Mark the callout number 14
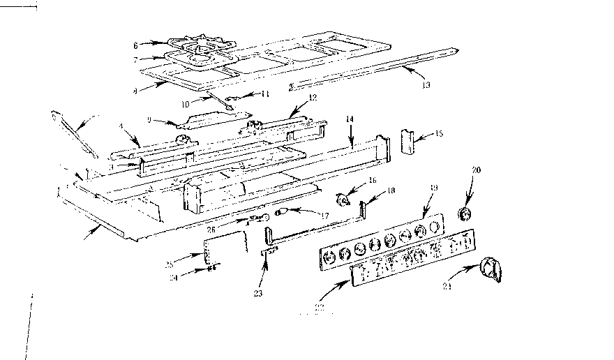pyautogui.click(x=351, y=119)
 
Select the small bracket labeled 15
pyautogui.click(x=409, y=143)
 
